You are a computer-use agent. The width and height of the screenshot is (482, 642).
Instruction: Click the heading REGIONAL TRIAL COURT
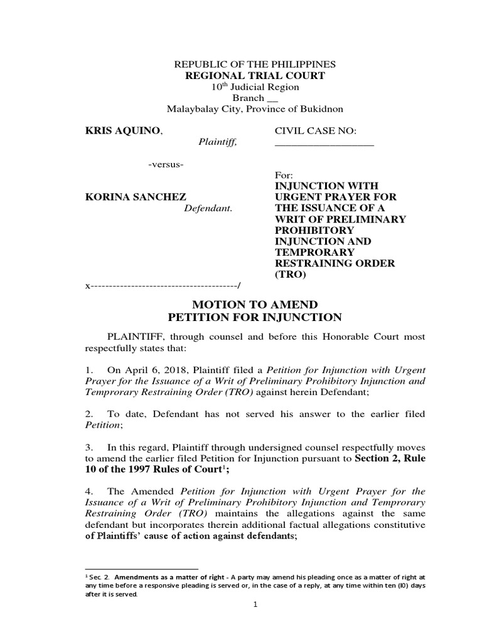pos(254,76)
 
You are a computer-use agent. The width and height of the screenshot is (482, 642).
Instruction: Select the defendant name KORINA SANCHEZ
pos(127,196)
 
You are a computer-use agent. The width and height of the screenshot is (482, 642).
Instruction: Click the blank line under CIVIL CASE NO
pos(324,145)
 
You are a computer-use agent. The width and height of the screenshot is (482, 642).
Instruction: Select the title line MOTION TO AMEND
pos(254,303)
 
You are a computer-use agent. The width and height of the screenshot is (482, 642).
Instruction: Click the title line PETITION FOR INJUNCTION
pos(254,317)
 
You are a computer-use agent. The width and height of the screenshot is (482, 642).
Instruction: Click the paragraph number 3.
pos(88,448)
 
